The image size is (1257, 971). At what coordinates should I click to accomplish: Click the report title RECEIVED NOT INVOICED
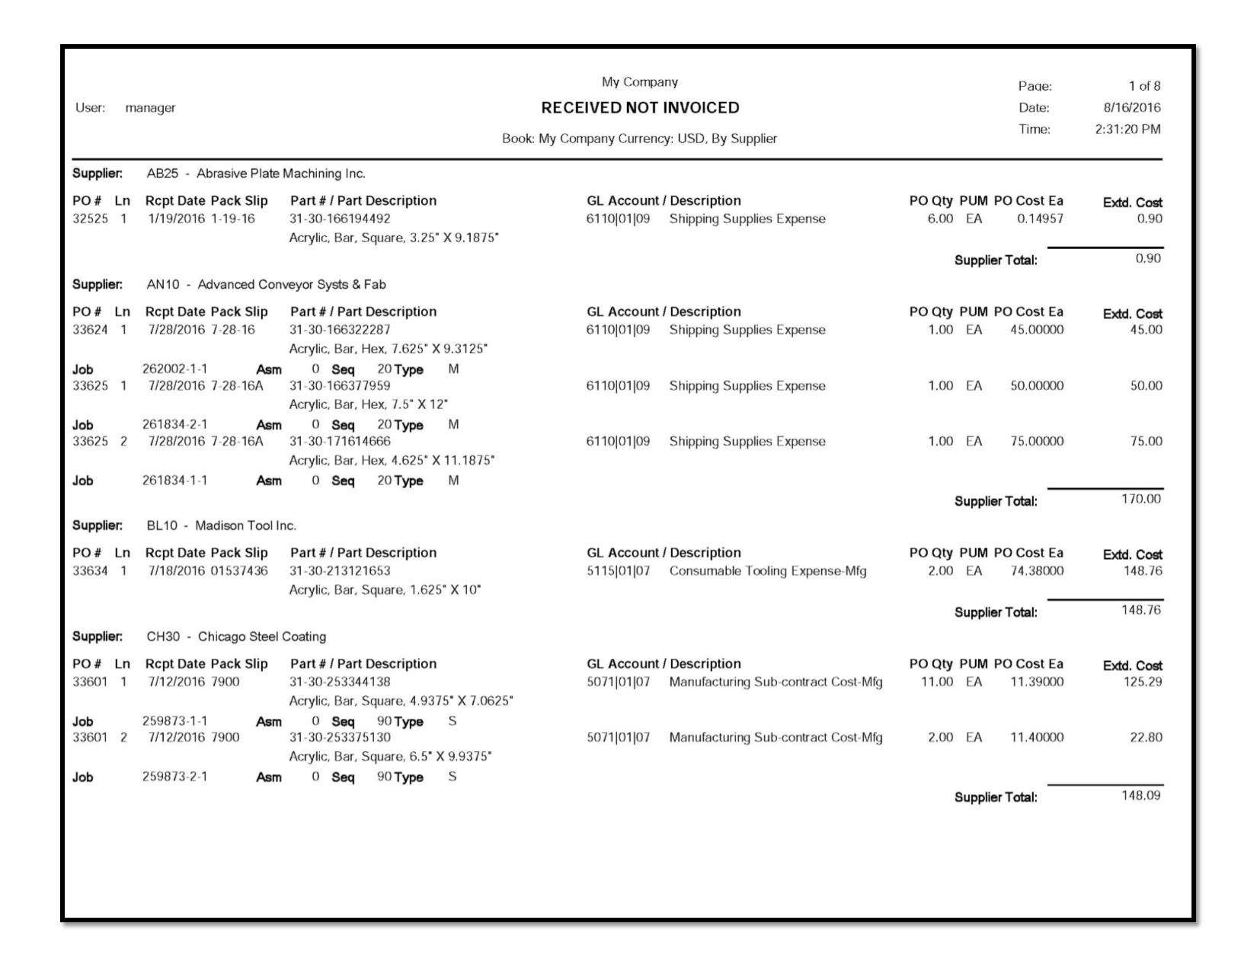640,108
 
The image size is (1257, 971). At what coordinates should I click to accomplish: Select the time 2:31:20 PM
1127,129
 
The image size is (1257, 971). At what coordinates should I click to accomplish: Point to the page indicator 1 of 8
1144,86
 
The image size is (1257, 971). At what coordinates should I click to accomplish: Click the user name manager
150,108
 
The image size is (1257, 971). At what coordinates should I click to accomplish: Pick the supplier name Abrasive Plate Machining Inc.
280,174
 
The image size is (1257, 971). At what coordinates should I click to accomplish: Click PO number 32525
90,219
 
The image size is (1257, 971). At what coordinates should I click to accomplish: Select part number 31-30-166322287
340,331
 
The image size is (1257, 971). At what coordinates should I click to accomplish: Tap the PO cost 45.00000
1037,331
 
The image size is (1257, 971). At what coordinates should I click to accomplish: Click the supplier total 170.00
1140,500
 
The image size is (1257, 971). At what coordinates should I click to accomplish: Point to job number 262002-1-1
174,369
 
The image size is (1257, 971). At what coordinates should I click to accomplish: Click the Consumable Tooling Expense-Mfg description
767,571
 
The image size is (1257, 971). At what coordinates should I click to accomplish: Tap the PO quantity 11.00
936,682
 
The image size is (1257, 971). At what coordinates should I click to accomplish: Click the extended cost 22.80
1146,738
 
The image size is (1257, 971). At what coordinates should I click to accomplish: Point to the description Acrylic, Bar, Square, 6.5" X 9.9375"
390,757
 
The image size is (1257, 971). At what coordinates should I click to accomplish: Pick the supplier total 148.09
1140,796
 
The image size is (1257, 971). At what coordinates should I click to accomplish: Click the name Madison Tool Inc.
245,526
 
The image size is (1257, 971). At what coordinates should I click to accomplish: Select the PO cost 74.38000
1037,571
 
